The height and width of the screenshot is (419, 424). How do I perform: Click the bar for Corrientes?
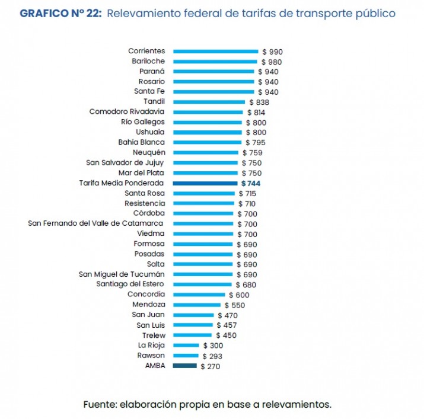click(215, 52)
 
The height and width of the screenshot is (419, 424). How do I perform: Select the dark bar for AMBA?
click(184, 366)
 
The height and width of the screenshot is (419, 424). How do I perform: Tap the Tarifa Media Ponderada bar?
click(205, 184)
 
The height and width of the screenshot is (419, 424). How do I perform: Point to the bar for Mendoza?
click(196, 305)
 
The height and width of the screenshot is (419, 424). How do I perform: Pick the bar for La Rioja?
click(186, 345)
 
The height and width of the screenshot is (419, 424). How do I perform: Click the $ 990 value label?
click(272, 52)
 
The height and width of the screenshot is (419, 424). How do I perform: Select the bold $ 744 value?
click(250, 184)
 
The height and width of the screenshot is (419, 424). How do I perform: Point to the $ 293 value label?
click(212, 356)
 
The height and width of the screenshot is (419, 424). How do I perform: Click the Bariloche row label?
click(148, 61)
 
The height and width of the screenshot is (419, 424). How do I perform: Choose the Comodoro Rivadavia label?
click(127, 111)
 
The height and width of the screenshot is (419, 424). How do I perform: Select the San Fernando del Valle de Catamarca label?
click(95, 223)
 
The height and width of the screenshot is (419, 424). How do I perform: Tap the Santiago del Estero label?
click(130, 284)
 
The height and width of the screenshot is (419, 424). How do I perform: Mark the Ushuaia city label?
click(150, 132)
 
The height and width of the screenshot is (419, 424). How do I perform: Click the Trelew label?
click(153, 335)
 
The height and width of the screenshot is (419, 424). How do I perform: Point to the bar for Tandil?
click(209, 102)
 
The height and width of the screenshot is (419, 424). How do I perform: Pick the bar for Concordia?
click(199, 295)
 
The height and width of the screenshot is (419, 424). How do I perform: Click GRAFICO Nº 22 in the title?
click(61, 12)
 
